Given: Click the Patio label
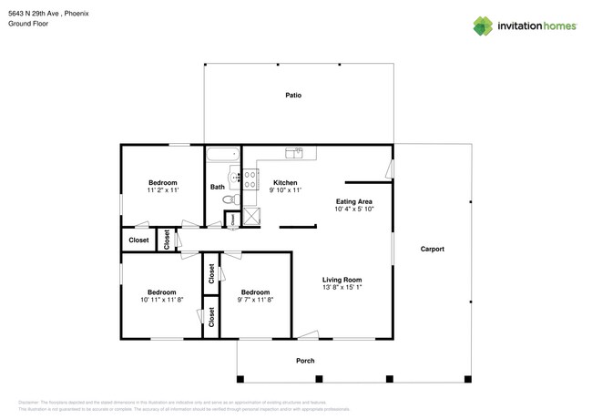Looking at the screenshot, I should [293, 95].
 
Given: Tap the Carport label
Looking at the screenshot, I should [432, 249].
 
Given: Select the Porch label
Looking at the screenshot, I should [305, 361].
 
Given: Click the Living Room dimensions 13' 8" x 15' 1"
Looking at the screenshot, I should [342, 288].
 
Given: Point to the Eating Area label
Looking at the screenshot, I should [354, 201].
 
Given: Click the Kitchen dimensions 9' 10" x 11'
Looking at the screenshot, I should [286, 190].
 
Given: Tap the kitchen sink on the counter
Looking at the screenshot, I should [294, 152].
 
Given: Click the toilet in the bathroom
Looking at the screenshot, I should [232, 199].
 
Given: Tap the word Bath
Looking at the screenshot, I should [217, 188].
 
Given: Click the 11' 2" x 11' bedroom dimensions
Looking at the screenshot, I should [162, 190].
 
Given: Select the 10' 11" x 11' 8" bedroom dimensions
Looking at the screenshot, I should [161, 300].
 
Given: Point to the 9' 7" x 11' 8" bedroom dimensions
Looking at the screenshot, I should [255, 300].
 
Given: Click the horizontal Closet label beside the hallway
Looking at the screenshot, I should [138, 240].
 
